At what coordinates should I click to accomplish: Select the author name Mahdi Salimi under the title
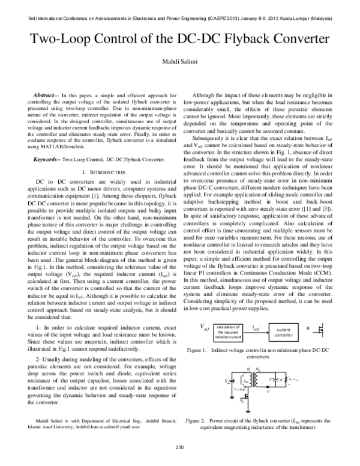pyautogui.click(x=179, y=64)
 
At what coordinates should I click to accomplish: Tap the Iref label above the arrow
pyautogui.click(x=255, y=328)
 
